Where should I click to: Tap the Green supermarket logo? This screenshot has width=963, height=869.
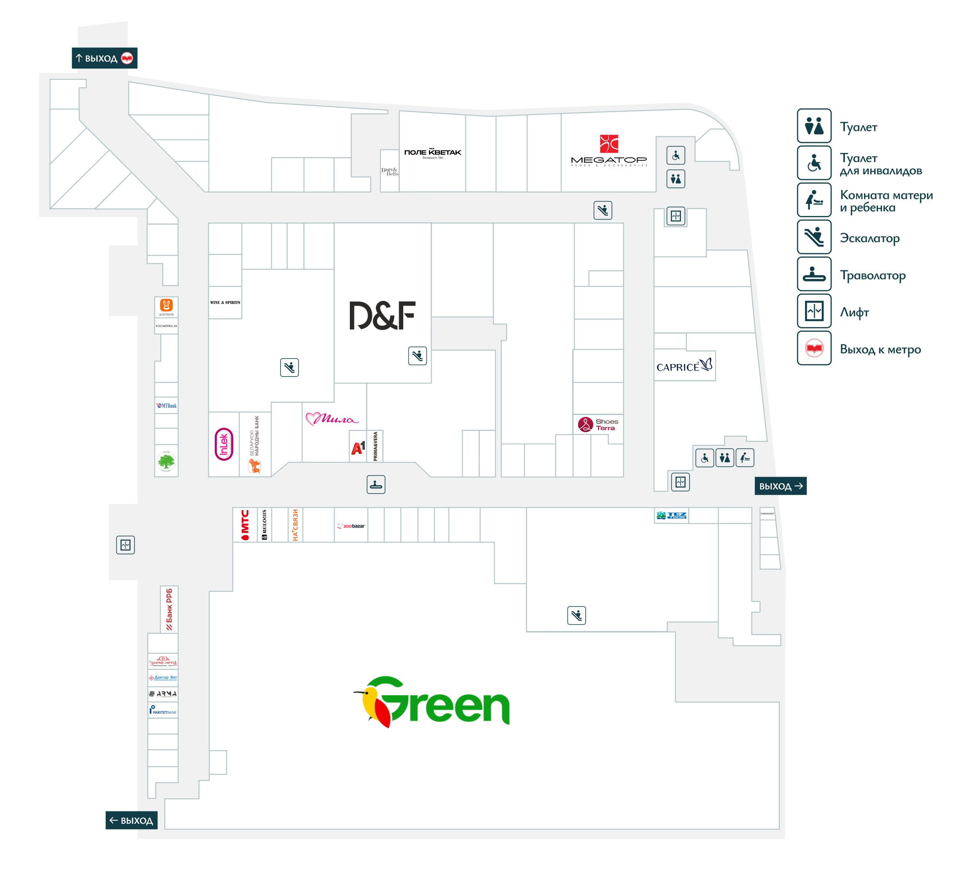click(432, 701)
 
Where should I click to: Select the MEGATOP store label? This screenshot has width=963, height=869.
click(609, 151)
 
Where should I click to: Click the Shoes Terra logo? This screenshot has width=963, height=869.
click(598, 424)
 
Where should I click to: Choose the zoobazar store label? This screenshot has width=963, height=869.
click(351, 526)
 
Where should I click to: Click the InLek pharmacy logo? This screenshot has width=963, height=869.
click(224, 444)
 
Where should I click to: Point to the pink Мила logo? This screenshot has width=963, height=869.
click(331, 419)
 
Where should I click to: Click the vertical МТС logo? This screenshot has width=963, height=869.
click(245, 524)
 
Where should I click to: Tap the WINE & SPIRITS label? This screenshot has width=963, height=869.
click(225, 302)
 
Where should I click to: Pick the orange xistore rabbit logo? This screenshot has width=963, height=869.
click(166, 305)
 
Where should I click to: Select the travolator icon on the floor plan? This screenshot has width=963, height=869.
click(376, 484)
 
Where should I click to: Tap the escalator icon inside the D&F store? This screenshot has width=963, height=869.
click(417, 356)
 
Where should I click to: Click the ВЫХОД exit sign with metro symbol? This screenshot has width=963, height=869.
click(105, 58)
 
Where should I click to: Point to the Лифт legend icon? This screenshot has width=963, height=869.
click(814, 311)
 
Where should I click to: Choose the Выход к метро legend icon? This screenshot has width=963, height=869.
click(814, 348)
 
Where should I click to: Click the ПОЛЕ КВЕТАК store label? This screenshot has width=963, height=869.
click(432, 153)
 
